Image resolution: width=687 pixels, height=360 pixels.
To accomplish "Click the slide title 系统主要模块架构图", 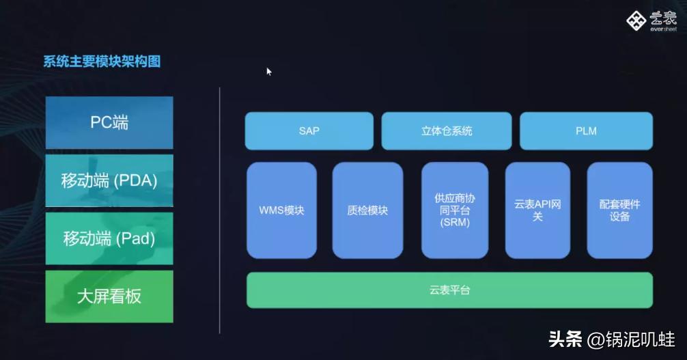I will pyautogui.click(x=102, y=62).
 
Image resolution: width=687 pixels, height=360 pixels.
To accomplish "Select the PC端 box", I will pyautogui.click(x=109, y=123).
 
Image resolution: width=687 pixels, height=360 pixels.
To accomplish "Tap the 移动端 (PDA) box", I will pyautogui.click(x=109, y=181).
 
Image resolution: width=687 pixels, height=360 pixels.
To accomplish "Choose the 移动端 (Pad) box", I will pyautogui.click(x=109, y=239).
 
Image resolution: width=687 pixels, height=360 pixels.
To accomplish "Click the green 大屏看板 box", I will pyautogui.click(x=109, y=296).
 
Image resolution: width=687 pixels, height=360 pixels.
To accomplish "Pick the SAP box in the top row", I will pyautogui.click(x=309, y=130).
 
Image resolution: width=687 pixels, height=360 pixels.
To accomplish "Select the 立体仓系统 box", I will pyautogui.click(x=447, y=130).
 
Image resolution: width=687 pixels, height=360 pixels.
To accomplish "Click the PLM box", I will pyautogui.click(x=586, y=130).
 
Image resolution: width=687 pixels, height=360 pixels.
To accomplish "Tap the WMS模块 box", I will pyautogui.click(x=281, y=210).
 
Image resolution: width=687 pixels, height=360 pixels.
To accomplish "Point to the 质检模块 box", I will pyautogui.click(x=367, y=210).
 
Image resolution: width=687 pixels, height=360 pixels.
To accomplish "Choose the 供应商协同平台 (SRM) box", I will pyautogui.click(x=455, y=210).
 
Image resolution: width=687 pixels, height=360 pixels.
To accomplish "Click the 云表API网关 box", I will pyautogui.click(x=537, y=210).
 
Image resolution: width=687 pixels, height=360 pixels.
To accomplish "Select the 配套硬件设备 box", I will pyautogui.click(x=619, y=210).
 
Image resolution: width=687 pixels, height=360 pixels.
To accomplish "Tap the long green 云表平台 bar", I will pyautogui.click(x=449, y=290).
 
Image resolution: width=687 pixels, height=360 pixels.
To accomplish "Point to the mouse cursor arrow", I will pyautogui.click(x=268, y=71).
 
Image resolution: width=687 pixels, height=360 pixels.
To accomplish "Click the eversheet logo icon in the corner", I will pyautogui.click(x=636, y=20).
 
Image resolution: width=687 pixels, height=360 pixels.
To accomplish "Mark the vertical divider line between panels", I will pyautogui.click(x=219, y=205).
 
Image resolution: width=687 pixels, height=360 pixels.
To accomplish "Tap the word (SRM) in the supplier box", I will pyautogui.click(x=455, y=223).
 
